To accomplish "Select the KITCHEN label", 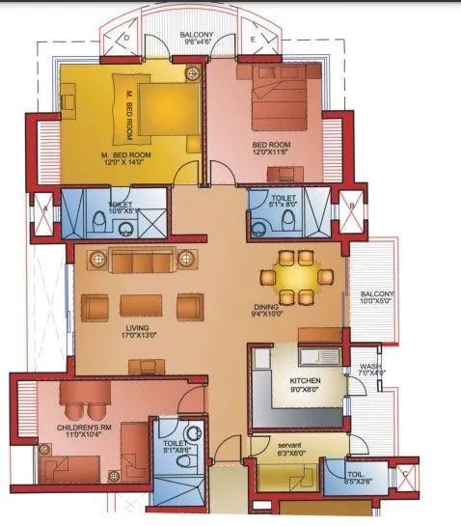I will (x=306, y=380).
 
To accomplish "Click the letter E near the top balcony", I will (x=253, y=40).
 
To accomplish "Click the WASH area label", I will (x=369, y=367).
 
